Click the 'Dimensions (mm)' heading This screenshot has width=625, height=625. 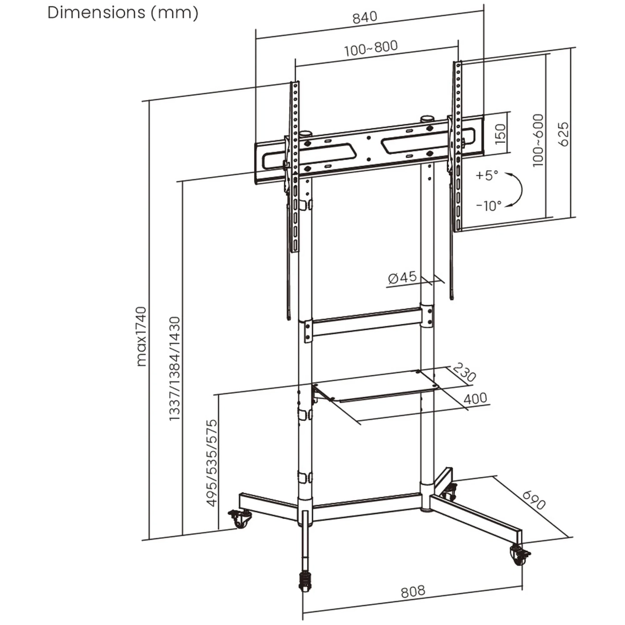pyautogui.click(x=123, y=12)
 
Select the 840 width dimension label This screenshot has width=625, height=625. pyautogui.click(x=365, y=17)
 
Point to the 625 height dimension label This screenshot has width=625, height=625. pyautogui.click(x=563, y=134)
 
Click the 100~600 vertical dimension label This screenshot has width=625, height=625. pyautogui.click(x=538, y=140)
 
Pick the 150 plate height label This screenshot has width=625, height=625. pyautogui.click(x=500, y=133)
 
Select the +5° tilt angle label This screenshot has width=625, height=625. pyautogui.click(x=487, y=175)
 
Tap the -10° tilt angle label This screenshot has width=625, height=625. pyautogui.click(x=488, y=206)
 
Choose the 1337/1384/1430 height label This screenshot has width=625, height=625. pyautogui.click(x=175, y=369)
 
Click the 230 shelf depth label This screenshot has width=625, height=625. pyautogui.click(x=464, y=372)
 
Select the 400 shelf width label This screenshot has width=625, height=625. pyautogui.click(x=475, y=398)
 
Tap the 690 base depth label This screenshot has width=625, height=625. pyautogui.click(x=533, y=500)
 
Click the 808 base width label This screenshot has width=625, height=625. pyautogui.click(x=413, y=592)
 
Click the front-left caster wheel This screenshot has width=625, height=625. pyautogui.click(x=240, y=519)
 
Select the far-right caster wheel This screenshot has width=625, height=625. pyautogui.click(x=519, y=555)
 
